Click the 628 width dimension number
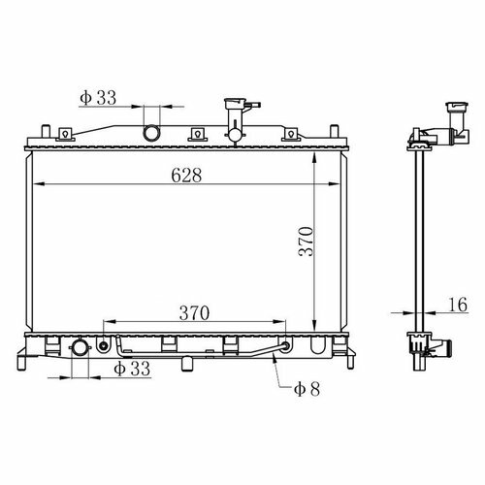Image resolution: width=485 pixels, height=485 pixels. (186, 176)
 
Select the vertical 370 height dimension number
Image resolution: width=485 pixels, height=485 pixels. (306, 242)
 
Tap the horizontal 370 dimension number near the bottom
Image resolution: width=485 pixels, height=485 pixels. (194, 313)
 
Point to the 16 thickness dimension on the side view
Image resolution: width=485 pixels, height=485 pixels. (459, 305)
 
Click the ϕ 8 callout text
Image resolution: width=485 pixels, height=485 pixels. (307, 389)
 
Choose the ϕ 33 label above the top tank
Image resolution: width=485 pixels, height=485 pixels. (98, 98)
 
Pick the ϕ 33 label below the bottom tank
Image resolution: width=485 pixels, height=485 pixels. (132, 369)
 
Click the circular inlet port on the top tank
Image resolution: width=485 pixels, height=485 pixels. (151, 133)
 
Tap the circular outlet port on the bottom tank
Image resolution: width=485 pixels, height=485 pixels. (80, 348)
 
